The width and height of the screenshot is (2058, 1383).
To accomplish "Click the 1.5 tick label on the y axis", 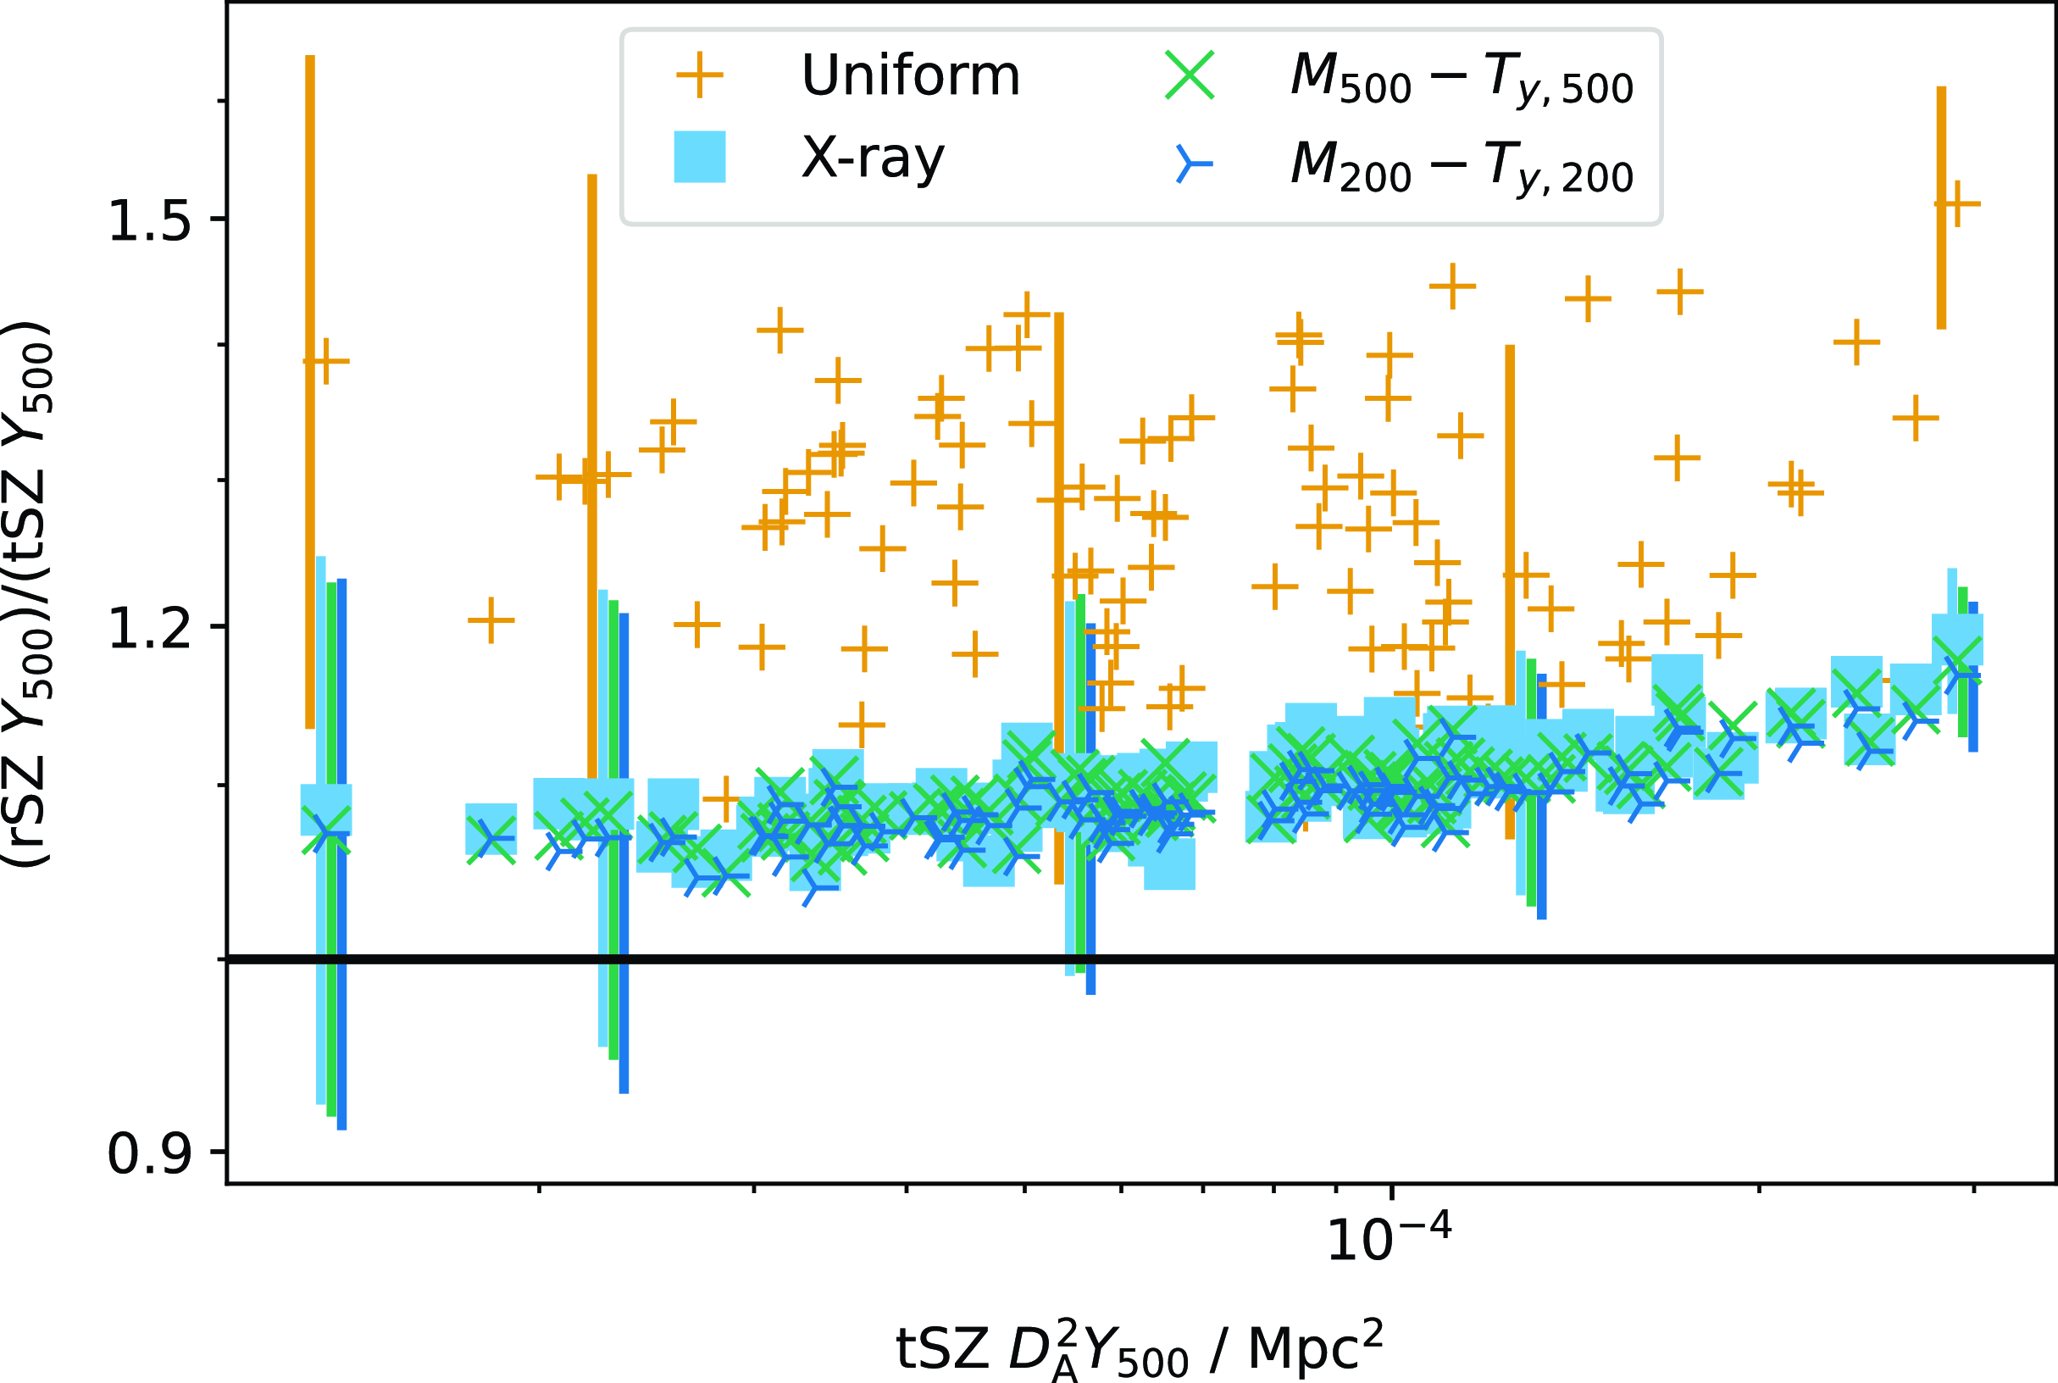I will click(x=148, y=220).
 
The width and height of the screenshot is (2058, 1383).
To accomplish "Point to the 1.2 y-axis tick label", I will click(x=148, y=629).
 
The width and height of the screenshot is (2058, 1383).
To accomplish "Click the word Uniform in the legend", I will click(x=910, y=76).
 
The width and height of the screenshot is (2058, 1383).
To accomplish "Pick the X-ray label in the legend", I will click(x=872, y=158).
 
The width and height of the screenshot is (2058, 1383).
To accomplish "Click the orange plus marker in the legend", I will click(x=699, y=75).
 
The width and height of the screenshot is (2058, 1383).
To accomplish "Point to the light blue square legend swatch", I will click(x=699, y=157).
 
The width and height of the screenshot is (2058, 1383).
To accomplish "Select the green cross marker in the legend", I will click(x=1190, y=75).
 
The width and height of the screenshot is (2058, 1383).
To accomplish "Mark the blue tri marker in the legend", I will click(x=1190, y=164).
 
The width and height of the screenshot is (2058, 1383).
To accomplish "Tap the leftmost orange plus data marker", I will click(x=325, y=361).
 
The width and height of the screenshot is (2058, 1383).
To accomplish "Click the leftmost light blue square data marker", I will click(x=325, y=809).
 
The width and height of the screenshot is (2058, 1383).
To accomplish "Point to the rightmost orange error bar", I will click(x=1941, y=208).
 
